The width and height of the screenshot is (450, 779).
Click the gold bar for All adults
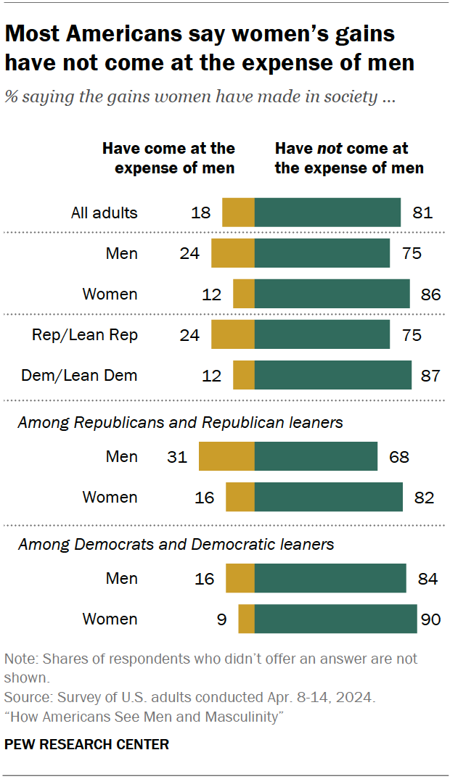point(238,213)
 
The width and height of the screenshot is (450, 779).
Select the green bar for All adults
point(327,213)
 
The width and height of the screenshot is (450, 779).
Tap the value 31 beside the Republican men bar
point(176,457)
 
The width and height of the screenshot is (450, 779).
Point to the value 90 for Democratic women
point(430,619)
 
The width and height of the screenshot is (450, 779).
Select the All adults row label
point(104,213)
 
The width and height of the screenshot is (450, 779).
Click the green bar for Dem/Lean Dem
point(333,376)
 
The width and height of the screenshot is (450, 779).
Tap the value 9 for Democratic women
point(222,619)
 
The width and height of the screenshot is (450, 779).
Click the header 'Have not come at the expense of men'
point(348,158)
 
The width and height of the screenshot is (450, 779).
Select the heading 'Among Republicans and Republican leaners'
point(180,421)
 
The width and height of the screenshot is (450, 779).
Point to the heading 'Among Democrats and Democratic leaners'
point(176,543)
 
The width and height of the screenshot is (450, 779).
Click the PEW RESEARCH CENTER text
point(86,744)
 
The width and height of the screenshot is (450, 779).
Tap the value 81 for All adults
point(422,213)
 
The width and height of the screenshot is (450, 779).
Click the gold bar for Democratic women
point(247,619)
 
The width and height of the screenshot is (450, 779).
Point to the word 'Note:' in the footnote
point(22,659)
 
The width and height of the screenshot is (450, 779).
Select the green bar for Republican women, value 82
point(329,498)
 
